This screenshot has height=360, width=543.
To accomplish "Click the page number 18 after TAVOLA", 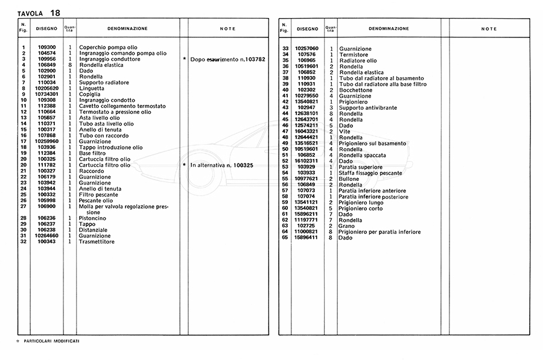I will [55, 13].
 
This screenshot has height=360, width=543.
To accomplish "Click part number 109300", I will [46, 47].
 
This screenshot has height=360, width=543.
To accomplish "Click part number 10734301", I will [46, 94].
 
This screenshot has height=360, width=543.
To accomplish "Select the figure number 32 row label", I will [23, 241].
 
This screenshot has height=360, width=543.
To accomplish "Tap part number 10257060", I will [306, 49].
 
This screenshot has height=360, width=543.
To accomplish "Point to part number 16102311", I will [306, 160].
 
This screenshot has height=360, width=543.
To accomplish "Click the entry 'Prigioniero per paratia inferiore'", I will [379, 232].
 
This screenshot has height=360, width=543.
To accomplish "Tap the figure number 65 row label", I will [285, 238].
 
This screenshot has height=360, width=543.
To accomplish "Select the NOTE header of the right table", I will [489, 29].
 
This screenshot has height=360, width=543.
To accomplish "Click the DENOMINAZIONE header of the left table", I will [127, 28].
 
